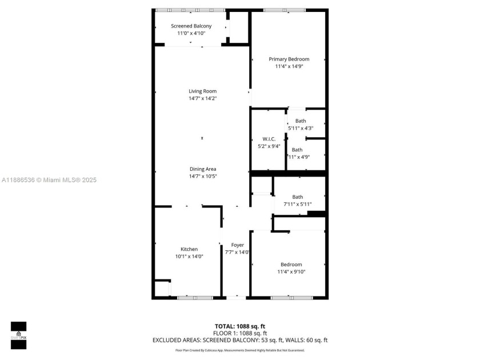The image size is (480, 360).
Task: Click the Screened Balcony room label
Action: pyautogui.click(x=191, y=26)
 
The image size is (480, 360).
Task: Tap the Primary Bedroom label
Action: pyautogui.click(x=289, y=59)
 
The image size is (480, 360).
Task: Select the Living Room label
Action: pyautogui.click(x=202, y=91)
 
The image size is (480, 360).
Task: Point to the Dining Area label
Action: pyautogui.click(x=202, y=169)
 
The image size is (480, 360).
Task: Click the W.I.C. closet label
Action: pyautogui.click(x=269, y=139)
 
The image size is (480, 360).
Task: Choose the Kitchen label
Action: pyautogui.click(x=189, y=249)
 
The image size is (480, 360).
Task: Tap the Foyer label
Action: pyautogui.click(x=237, y=245)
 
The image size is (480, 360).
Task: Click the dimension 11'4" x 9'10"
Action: pyautogui.click(x=291, y=272)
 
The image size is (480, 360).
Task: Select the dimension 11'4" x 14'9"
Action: pyautogui.click(x=289, y=66)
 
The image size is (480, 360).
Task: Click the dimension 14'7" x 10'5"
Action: pyautogui.click(x=202, y=176)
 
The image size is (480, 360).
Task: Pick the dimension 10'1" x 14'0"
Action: pyautogui.click(x=189, y=257)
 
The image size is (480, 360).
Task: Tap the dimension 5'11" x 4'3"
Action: pyautogui.click(x=301, y=128)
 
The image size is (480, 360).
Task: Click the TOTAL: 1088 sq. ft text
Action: pyautogui.click(x=239, y=326)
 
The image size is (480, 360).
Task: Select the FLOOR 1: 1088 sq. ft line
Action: pyautogui.click(x=239, y=333)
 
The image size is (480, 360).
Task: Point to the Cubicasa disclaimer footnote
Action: pyautogui.click(x=239, y=350)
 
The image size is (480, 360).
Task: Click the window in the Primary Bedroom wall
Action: pyautogui.click(x=284, y=10)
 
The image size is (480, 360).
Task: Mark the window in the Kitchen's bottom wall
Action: pyautogui.click(x=194, y=297)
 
